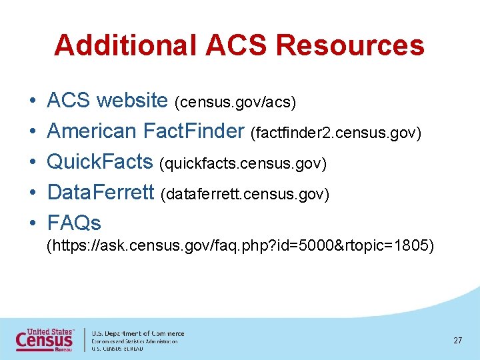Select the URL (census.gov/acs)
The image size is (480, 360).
pyautogui.click(x=235, y=103)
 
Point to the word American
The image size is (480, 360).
pyautogui.click(x=91, y=131)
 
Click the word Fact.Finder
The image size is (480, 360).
pyautogui.click(x=194, y=131)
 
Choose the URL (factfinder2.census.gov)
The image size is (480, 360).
pyautogui.click(x=336, y=133)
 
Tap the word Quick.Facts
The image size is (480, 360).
pyautogui.click(x=100, y=162)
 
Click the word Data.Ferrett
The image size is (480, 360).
pyautogui.click(x=101, y=193)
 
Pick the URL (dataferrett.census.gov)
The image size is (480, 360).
pyautogui.click(x=245, y=195)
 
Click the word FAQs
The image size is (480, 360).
pyautogui.click(x=74, y=223)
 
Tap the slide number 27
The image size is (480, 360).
pyautogui.click(x=457, y=341)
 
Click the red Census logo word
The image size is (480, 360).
pyautogui.click(x=44, y=341)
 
